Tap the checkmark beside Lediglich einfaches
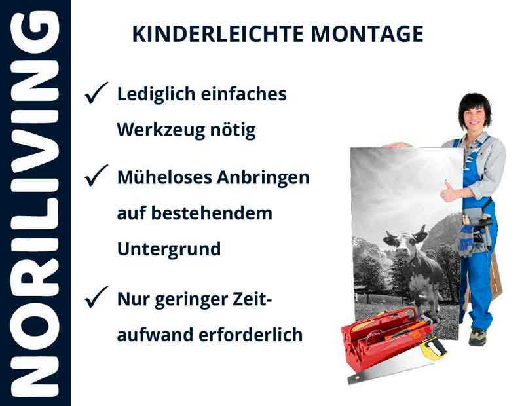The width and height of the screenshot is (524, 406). pyautogui.click(x=96, y=95)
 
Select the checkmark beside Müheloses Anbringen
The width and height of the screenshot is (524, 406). pyautogui.click(x=96, y=177)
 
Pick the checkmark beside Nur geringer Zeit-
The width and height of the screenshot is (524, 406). pyautogui.click(x=96, y=300)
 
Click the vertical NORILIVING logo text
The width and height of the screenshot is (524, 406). pyautogui.click(x=35, y=203)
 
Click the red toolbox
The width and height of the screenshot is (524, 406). pyautogui.click(x=383, y=341)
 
